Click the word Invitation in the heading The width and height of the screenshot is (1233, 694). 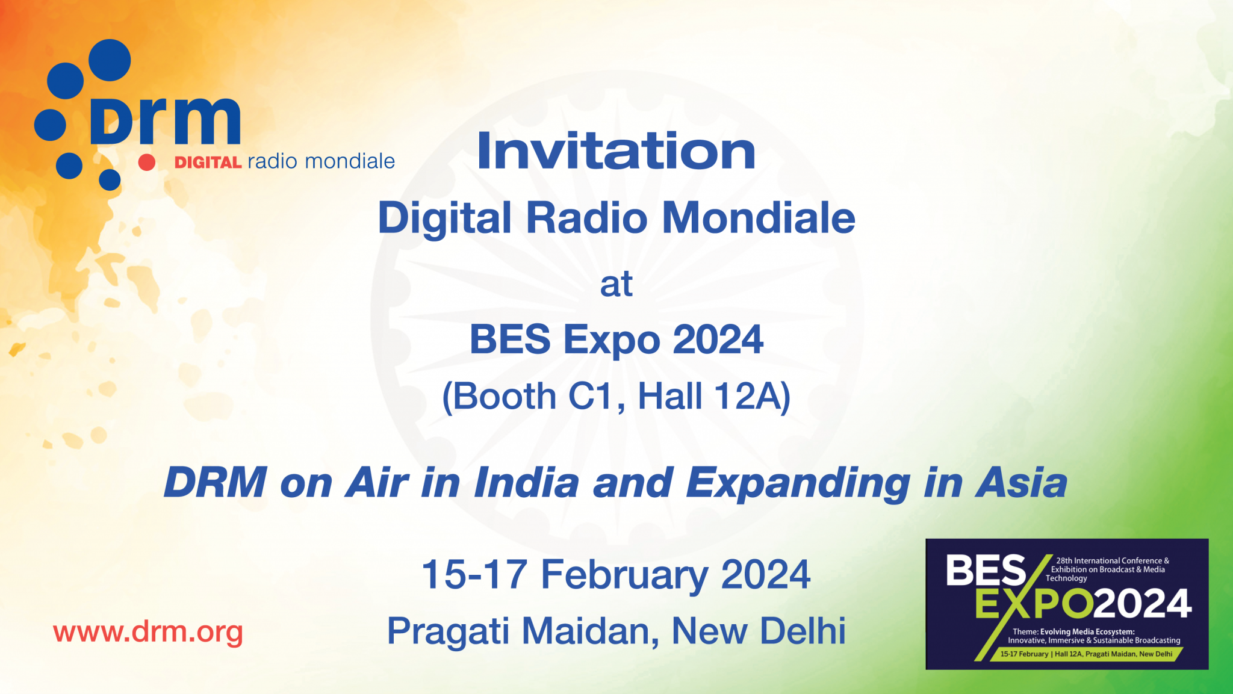click(x=616, y=151)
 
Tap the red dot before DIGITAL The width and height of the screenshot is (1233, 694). click(x=146, y=162)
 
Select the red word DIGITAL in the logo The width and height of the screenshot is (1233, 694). click(x=208, y=163)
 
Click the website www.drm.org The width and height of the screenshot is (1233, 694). click(x=148, y=633)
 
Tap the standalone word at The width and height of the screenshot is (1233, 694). click(x=616, y=285)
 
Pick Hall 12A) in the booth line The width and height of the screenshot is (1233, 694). click(x=714, y=397)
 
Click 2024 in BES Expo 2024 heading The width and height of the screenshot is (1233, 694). click(x=718, y=340)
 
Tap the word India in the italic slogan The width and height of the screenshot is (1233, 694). click(x=527, y=483)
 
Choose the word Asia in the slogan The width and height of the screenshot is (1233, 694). click(x=1022, y=483)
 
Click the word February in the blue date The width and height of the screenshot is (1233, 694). click(x=624, y=575)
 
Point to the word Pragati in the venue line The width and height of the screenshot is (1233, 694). click(x=448, y=632)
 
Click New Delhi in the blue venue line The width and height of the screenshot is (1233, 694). click(x=759, y=631)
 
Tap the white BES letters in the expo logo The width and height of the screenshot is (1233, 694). click(x=985, y=571)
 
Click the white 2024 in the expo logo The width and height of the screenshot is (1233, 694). click(x=1142, y=604)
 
